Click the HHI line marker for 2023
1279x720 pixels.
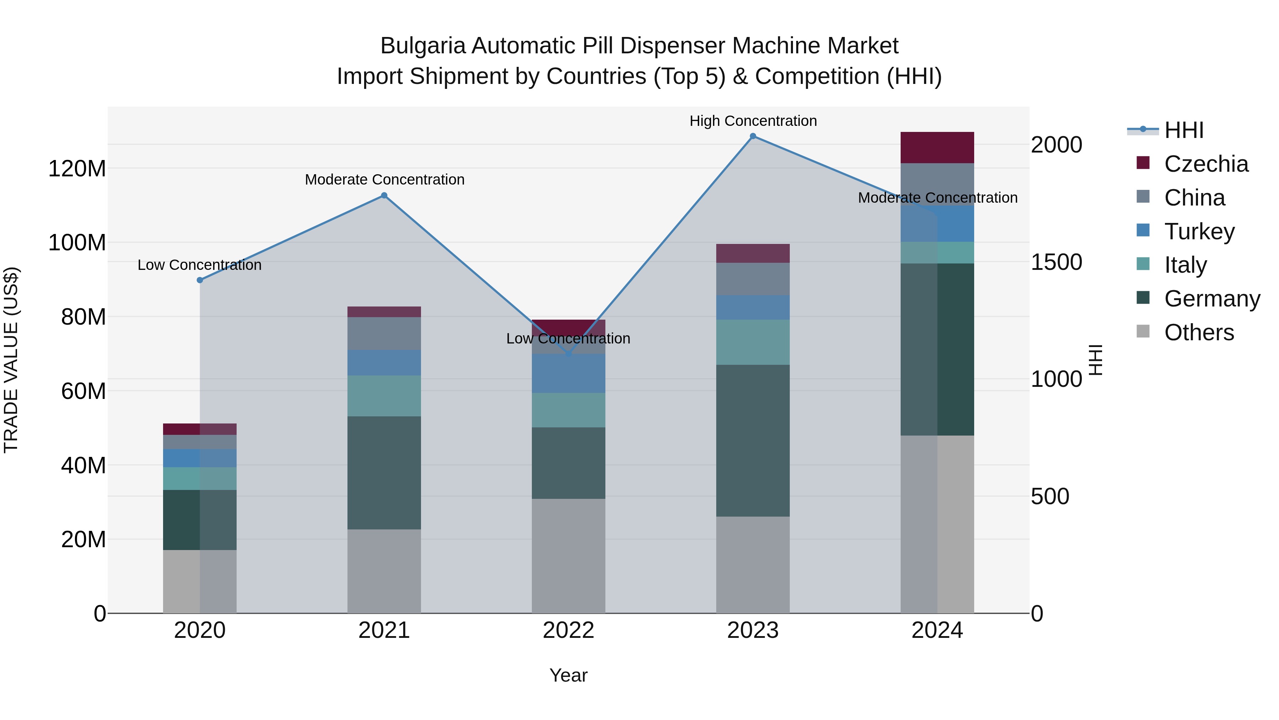(753, 136)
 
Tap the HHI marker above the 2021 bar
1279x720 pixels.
(384, 195)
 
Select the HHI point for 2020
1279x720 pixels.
(200, 280)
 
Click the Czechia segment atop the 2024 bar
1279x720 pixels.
(937, 148)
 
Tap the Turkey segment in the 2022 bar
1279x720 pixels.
(568, 373)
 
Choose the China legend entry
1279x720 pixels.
(1194, 198)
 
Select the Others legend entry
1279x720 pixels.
(1199, 332)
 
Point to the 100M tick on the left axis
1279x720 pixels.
(77, 242)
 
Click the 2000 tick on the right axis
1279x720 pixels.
(1056, 145)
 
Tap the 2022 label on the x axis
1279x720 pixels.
(568, 630)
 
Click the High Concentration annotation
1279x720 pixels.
(753, 121)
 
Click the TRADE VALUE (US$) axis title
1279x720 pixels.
(11, 360)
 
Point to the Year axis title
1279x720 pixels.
(568, 675)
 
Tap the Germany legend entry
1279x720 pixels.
(1211, 299)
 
